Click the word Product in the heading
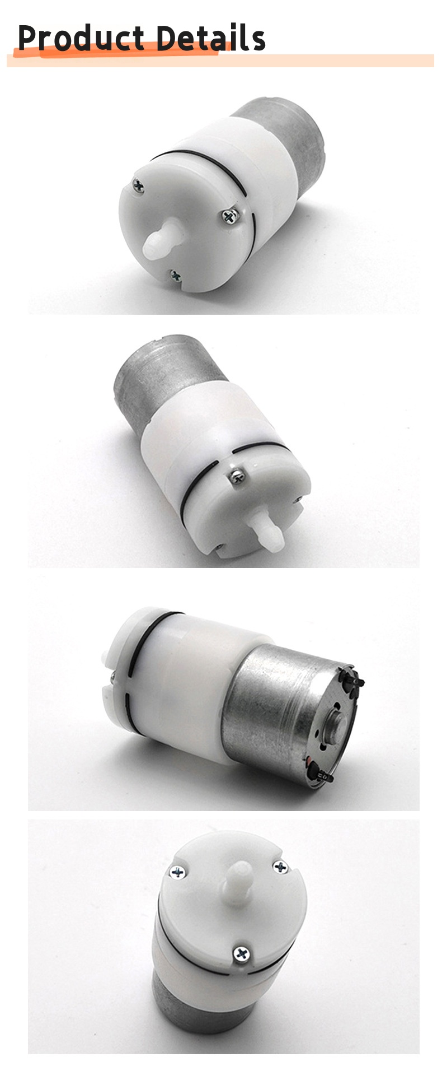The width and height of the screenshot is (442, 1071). pyautogui.click(x=81, y=38)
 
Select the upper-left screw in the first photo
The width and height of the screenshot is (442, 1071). pyautogui.click(x=138, y=185)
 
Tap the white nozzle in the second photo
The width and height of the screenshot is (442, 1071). pyautogui.click(x=267, y=530)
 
